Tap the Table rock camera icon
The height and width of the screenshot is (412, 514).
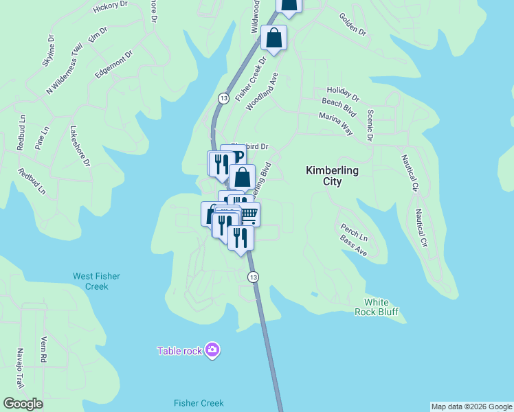coord(213,351)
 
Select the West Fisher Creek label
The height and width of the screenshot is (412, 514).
coord(97,281)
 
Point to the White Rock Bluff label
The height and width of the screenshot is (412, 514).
coord(381,307)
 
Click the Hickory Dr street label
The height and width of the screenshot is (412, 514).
coord(110,6)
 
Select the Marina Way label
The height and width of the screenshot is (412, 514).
coord(335,123)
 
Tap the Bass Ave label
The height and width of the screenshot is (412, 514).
coord(353,246)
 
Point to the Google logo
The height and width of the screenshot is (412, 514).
coord(23,403)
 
